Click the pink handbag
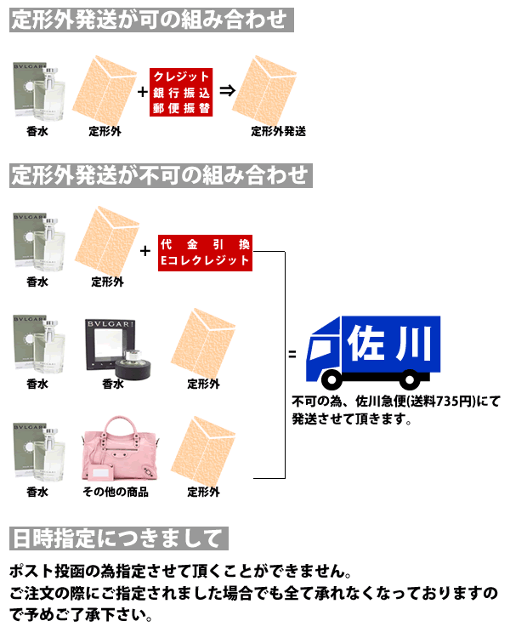point(119,449)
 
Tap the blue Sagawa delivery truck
point(373,352)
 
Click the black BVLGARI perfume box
point(110,345)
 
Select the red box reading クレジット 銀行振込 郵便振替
point(181,93)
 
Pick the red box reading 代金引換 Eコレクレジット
point(205,253)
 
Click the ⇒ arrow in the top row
point(227,90)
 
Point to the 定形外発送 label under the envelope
point(278,131)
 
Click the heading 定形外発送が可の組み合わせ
point(151,20)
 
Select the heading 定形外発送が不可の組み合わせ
point(161,175)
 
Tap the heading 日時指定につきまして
point(119,538)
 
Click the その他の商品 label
point(116,492)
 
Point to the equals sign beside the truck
point(292,355)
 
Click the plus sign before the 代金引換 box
point(145,251)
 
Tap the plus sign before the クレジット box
point(142,92)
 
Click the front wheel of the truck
point(331,379)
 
